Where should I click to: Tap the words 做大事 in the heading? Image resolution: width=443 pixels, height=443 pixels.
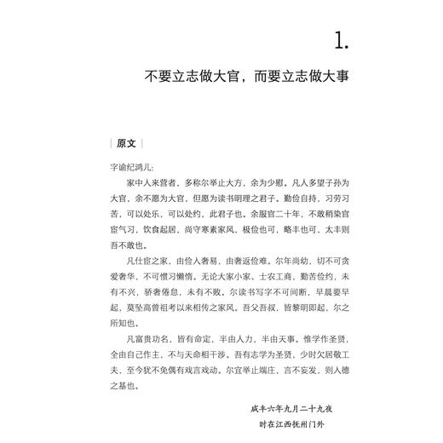click(330, 77)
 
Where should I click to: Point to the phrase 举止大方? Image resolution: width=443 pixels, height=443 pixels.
click(240, 183)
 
